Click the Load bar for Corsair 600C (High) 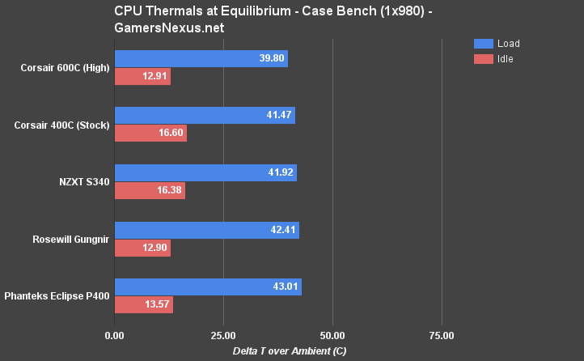click(201, 58)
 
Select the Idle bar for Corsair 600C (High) click(142, 77)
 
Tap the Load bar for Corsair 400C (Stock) click(205, 115)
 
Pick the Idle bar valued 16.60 click(150, 134)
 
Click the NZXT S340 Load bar click(205, 172)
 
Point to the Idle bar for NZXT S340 click(150, 190)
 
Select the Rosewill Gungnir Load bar click(206, 229)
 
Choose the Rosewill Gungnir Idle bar click(142, 248)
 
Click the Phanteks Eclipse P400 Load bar click(208, 287)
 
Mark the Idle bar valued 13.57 click(144, 304)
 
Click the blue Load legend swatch click(483, 44)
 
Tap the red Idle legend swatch click(483, 59)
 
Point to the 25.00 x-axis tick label click(223, 334)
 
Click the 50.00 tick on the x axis click(332, 334)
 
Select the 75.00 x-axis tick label click(442, 334)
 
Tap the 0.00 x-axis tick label click(115, 334)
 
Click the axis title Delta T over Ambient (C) click(278, 350)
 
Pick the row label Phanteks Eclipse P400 click(57, 296)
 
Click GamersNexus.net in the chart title click(169, 28)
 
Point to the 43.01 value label click(284, 287)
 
